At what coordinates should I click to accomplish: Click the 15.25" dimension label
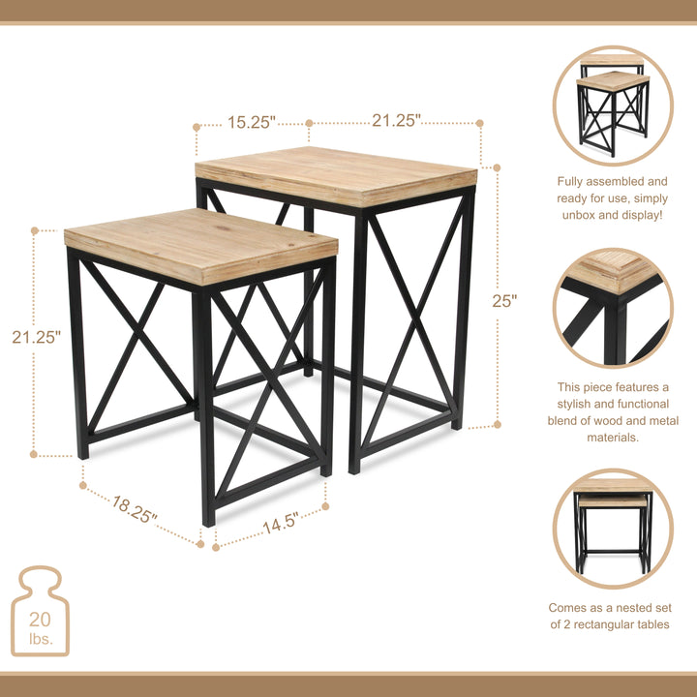pyautogui.click(x=252, y=122)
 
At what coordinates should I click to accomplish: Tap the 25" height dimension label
pyautogui.click(x=504, y=301)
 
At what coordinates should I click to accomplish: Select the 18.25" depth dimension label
pyautogui.click(x=135, y=509)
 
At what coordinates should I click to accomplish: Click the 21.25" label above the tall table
pyautogui.click(x=397, y=121)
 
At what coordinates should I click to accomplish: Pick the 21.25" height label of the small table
pyautogui.click(x=37, y=338)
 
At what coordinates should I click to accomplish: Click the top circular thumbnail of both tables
pyautogui.click(x=613, y=106)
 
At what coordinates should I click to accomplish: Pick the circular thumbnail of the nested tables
pyautogui.click(x=613, y=528)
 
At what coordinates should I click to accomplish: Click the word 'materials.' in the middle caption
pyautogui.click(x=613, y=438)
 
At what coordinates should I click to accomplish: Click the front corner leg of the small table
pyautogui.click(x=206, y=407)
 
